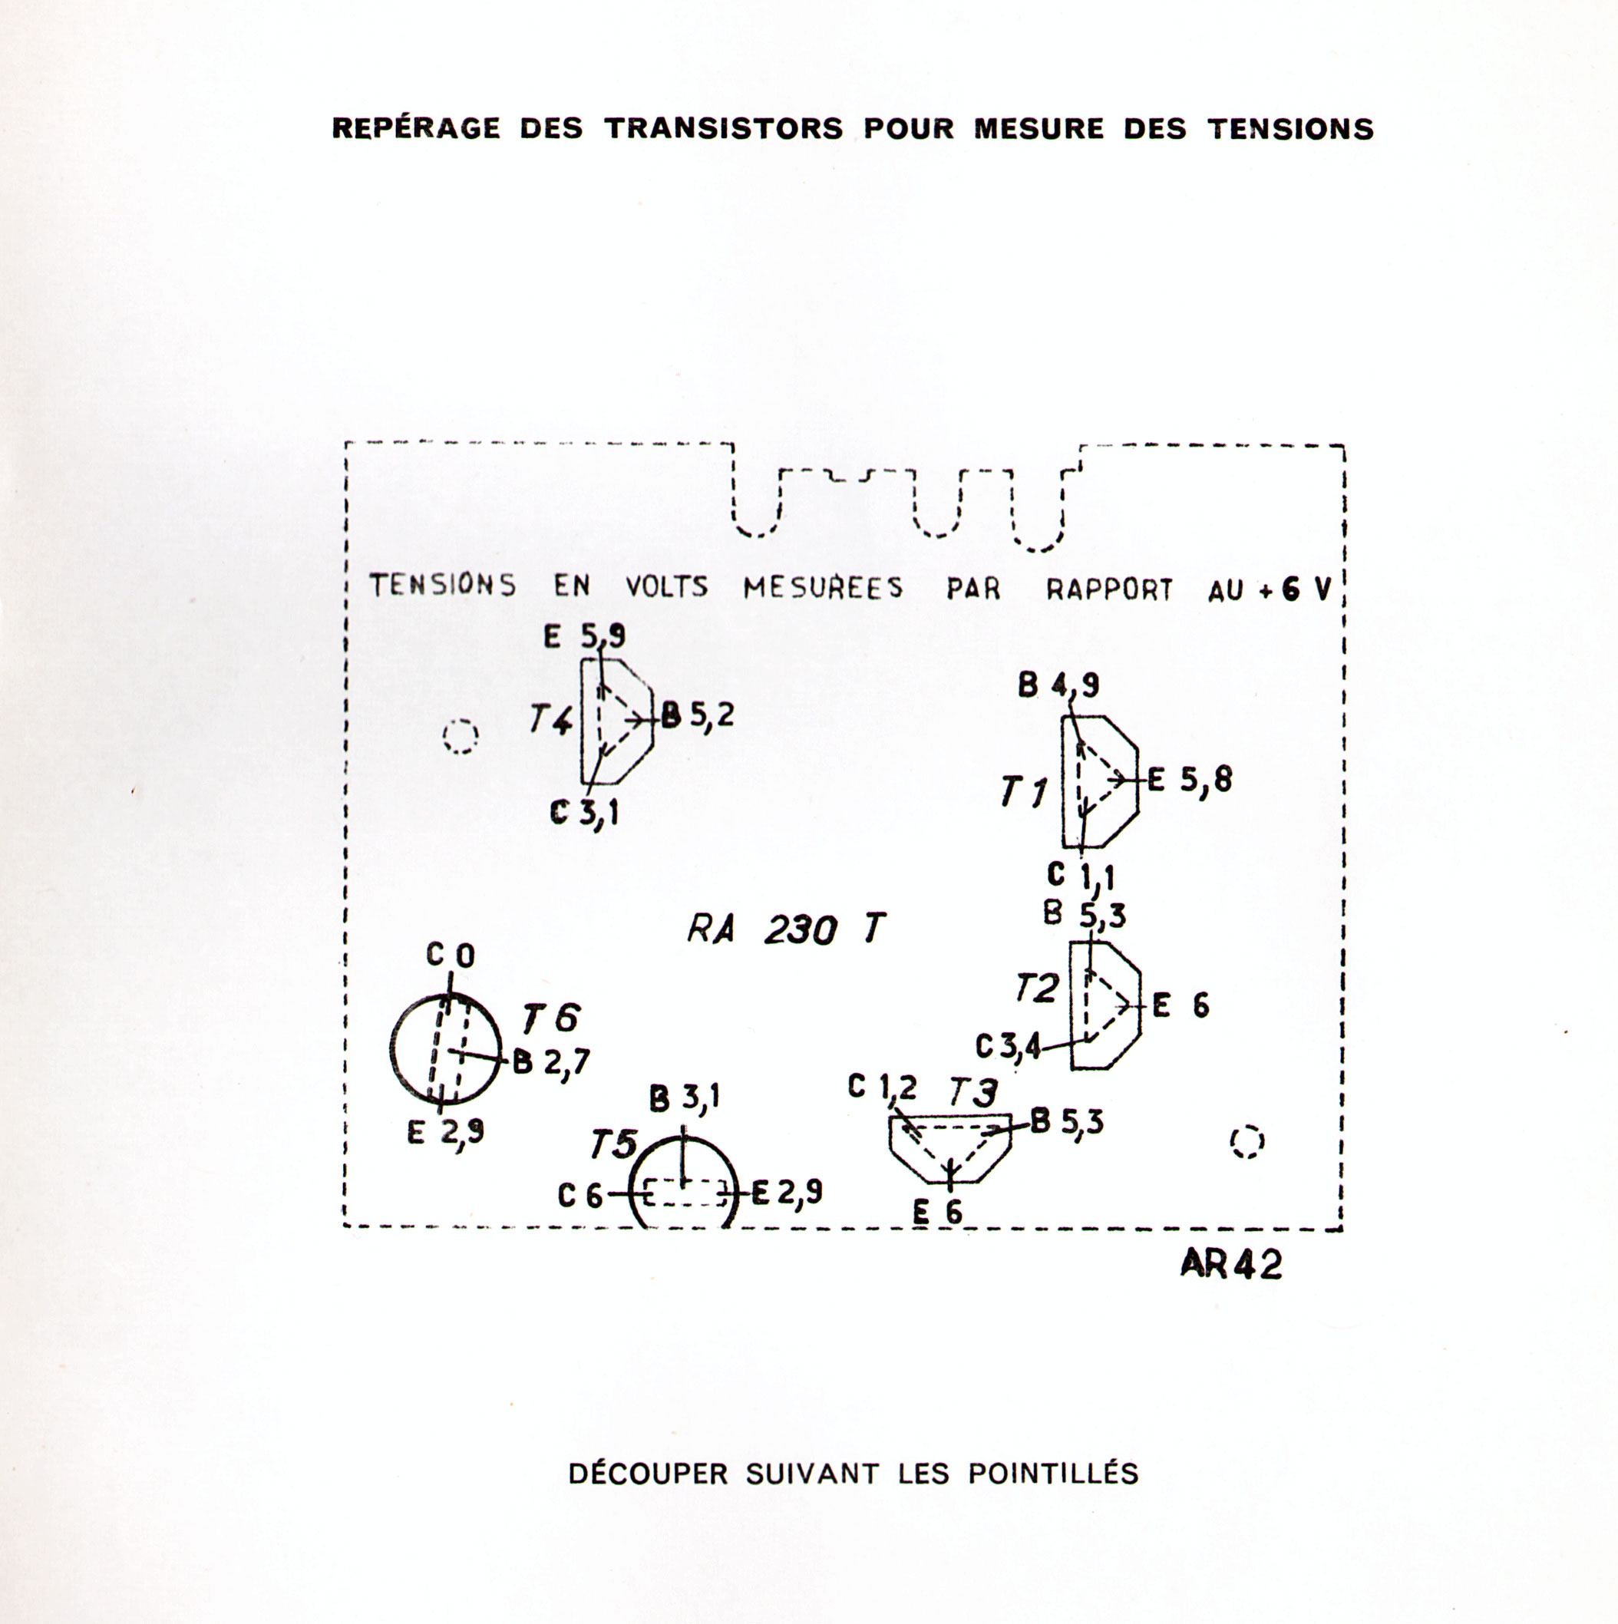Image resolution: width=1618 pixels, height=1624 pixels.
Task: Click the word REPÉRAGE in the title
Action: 415,129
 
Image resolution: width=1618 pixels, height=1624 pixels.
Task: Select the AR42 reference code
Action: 1230,1263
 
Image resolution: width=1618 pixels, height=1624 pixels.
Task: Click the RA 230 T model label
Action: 786,929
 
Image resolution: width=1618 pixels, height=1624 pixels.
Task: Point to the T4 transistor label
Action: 550,720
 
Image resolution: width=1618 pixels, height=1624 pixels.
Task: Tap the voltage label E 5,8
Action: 1190,781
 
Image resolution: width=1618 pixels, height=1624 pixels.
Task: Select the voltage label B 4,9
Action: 1058,686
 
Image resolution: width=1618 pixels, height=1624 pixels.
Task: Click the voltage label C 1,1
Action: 1080,875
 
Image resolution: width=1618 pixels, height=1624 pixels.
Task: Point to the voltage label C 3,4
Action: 1008,1047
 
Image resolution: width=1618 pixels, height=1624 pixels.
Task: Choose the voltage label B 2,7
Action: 550,1062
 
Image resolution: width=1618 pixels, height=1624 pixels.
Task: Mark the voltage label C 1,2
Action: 882,1088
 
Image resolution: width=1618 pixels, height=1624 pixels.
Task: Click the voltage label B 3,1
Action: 685,1098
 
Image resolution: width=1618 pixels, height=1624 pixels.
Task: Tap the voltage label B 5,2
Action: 697,716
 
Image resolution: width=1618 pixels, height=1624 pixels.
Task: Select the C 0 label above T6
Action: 451,955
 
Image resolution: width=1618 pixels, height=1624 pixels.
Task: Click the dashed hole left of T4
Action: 460,738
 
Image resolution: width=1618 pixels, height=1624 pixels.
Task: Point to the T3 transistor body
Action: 949,1147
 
